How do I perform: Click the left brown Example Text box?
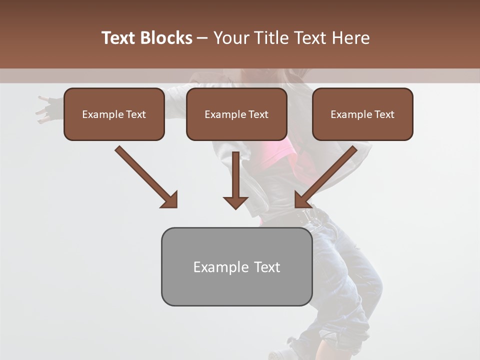[114, 114]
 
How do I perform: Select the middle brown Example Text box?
[236, 114]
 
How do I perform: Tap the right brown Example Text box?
[362, 114]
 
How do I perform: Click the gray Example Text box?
[236, 267]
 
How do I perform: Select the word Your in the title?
[230, 38]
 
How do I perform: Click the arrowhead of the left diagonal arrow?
[170, 200]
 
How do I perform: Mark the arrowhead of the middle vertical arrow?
[235, 202]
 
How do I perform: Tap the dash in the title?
[202, 38]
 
